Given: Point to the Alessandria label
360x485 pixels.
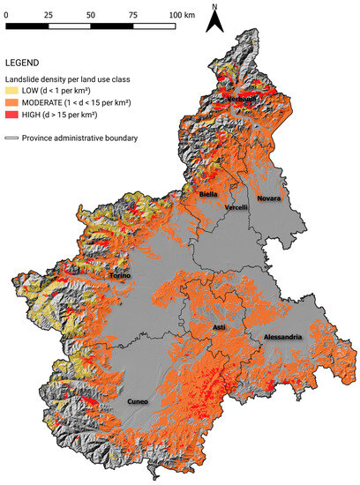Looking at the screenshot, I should [283, 338].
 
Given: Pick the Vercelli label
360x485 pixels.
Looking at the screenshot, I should [236, 207].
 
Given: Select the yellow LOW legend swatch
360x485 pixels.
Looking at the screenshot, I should [13, 91].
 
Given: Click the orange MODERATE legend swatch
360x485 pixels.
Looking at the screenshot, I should [13, 104].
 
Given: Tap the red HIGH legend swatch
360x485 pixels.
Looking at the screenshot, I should [13, 117].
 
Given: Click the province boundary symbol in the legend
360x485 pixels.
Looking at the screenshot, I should [13, 138].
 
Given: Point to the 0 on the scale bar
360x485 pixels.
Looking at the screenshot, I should [8, 17].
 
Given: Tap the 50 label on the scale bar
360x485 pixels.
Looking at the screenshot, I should [92, 17].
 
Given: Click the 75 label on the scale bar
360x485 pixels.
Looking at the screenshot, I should [133, 17].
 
